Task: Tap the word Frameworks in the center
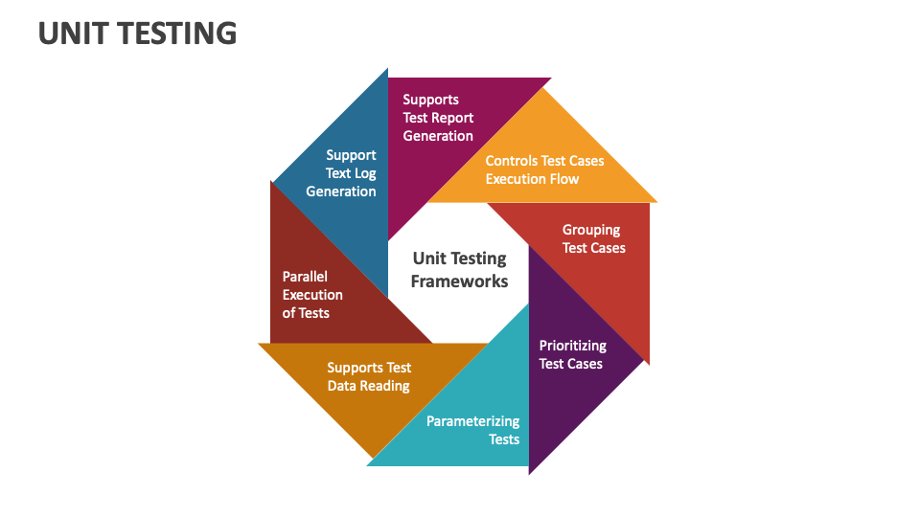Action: click(x=459, y=281)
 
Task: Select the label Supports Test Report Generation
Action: click(x=438, y=118)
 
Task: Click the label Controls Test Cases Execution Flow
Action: click(x=544, y=169)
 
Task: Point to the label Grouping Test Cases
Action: click(x=593, y=238)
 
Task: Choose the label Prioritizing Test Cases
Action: click(x=572, y=354)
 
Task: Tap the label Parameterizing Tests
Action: click(x=473, y=430)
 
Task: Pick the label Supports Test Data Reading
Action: click(x=369, y=376)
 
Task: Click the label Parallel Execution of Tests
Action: click(x=312, y=295)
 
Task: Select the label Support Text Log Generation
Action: click(x=341, y=173)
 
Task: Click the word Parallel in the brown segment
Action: click(x=305, y=277)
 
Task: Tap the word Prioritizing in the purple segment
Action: click(x=572, y=346)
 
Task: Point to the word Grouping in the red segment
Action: click(x=591, y=230)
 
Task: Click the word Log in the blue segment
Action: click(x=364, y=173)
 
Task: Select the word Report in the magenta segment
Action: click(x=452, y=118)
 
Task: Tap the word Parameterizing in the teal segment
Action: click(x=473, y=421)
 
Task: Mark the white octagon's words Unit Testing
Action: click(x=459, y=258)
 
